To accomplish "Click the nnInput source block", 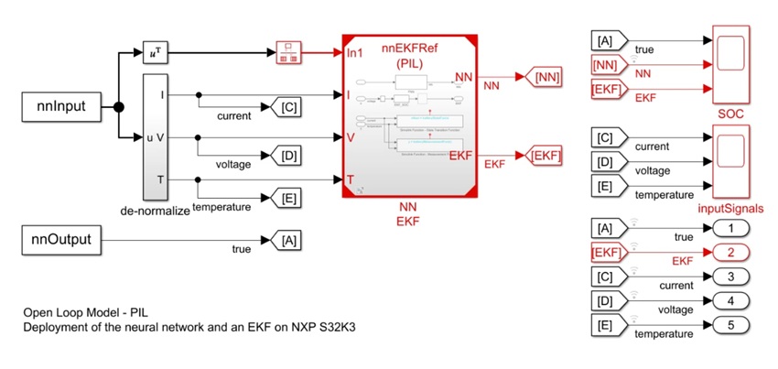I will click(x=61, y=107).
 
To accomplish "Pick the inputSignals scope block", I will click(x=730, y=162).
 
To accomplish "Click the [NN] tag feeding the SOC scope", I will click(x=605, y=65).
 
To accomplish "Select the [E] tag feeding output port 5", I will click(x=605, y=325).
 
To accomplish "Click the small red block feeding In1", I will click(x=288, y=52).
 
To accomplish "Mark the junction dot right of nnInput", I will click(x=119, y=108).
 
